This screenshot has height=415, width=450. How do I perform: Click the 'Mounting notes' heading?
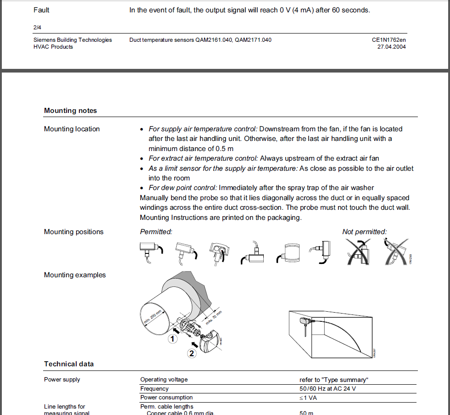click(70, 111)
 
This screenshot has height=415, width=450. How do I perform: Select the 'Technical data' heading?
click(69, 364)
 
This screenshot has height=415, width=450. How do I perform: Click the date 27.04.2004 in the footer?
click(391, 47)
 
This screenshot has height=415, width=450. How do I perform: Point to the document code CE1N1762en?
click(389, 40)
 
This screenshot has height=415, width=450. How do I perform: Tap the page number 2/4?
click(38, 28)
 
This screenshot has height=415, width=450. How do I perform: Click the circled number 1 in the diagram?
click(172, 339)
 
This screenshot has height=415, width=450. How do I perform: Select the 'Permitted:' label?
click(156, 232)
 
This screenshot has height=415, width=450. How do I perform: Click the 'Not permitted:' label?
click(364, 232)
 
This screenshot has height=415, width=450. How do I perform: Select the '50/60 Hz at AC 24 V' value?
click(328, 389)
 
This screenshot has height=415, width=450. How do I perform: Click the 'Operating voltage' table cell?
click(164, 380)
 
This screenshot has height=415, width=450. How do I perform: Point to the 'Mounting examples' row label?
click(75, 275)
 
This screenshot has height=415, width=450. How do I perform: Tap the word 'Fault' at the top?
click(41, 10)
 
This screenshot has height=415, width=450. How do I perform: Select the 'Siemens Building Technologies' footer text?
click(72, 40)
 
